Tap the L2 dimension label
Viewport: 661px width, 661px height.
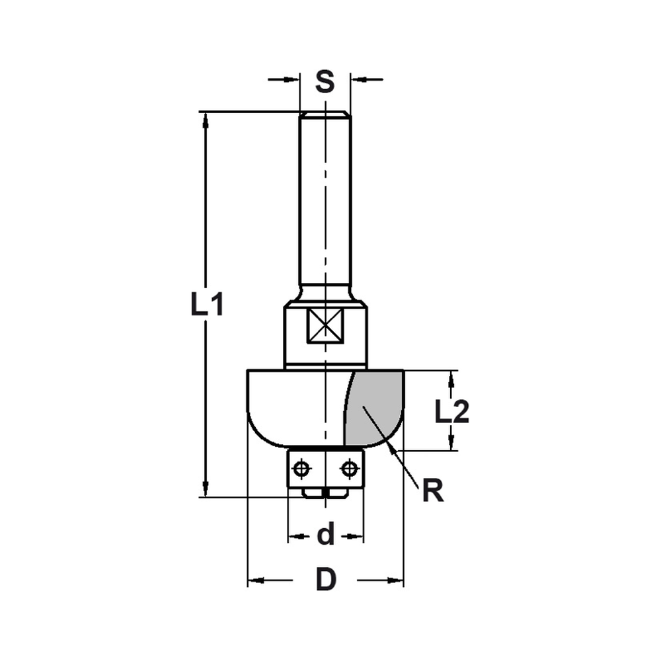[452, 412]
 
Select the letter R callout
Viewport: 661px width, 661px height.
[433, 492]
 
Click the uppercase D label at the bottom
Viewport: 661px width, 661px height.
[325, 581]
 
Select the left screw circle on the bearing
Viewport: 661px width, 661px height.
[302, 469]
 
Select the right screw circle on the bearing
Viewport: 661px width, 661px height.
[348, 469]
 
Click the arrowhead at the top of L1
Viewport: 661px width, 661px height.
[206, 120]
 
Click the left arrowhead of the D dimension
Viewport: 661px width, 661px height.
[255, 581]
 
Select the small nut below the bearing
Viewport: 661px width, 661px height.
[325, 492]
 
